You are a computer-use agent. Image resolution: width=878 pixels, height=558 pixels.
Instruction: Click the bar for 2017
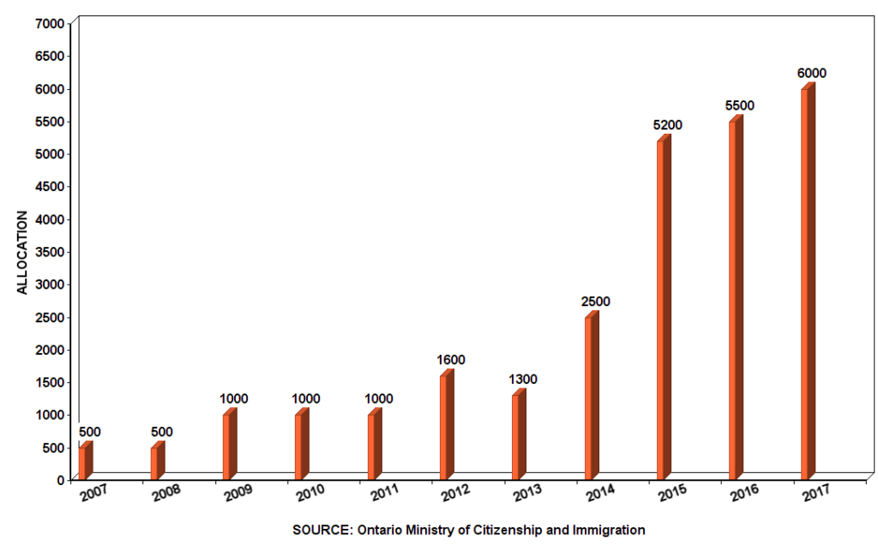coord(807,283)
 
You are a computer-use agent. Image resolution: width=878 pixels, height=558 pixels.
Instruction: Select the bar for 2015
coord(663,309)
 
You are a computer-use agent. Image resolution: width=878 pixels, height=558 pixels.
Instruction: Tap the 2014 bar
coord(591,397)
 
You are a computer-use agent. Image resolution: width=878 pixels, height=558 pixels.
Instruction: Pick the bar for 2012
coord(446,426)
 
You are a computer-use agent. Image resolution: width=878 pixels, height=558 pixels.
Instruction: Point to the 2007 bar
coord(84,462)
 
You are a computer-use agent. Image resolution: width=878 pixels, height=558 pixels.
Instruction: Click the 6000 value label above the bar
coord(811,73)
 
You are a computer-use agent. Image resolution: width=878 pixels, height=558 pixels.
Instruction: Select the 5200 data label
coord(667,125)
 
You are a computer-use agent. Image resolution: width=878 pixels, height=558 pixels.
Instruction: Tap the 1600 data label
coord(450,360)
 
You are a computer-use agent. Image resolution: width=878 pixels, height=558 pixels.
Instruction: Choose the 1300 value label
coord(522,380)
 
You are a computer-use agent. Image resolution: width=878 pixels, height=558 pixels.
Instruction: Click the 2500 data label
coord(595,302)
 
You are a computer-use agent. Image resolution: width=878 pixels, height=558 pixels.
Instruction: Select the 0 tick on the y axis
coord(61,480)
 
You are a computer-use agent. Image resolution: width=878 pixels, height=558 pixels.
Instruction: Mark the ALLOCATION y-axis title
coord(23,252)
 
